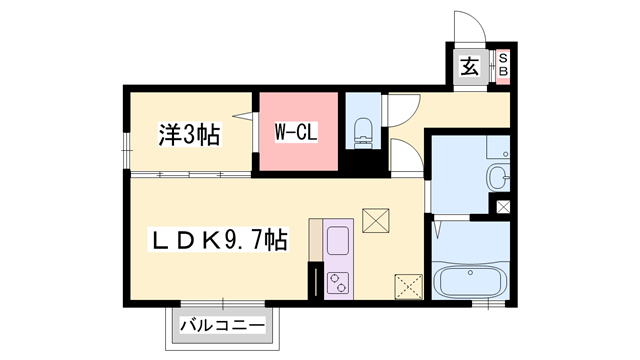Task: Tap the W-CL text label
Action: pyautogui.click(x=296, y=131)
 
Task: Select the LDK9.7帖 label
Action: pyautogui.click(x=219, y=240)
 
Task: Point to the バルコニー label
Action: pyautogui.click(x=223, y=326)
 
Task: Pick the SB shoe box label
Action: pyautogui.click(x=504, y=66)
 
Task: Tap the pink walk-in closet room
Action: pyautogui.click(x=296, y=133)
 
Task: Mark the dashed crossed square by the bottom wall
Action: pyautogui.click(x=408, y=287)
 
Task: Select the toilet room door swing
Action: pyautogui.click(x=402, y=110)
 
